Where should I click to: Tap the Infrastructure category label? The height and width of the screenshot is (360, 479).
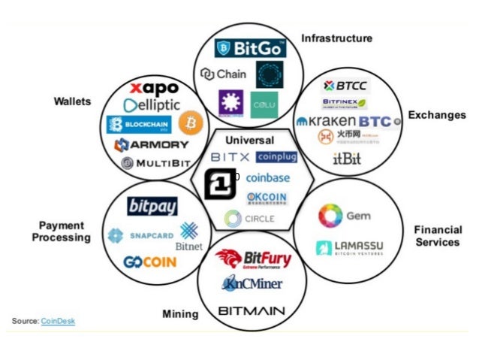click(336, 38)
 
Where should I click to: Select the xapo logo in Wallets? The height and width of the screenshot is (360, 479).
click(154, 89)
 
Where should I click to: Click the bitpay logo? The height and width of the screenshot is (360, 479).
click(152, 205)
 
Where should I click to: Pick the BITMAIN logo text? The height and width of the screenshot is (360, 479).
click(250, 310)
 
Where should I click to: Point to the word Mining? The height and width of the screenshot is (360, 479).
click(180, 313)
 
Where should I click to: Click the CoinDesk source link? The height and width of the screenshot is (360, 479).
click(58, 322)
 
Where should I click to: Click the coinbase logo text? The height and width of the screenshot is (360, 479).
click(267, 178)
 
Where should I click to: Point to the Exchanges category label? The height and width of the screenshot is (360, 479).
click(436, 115)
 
